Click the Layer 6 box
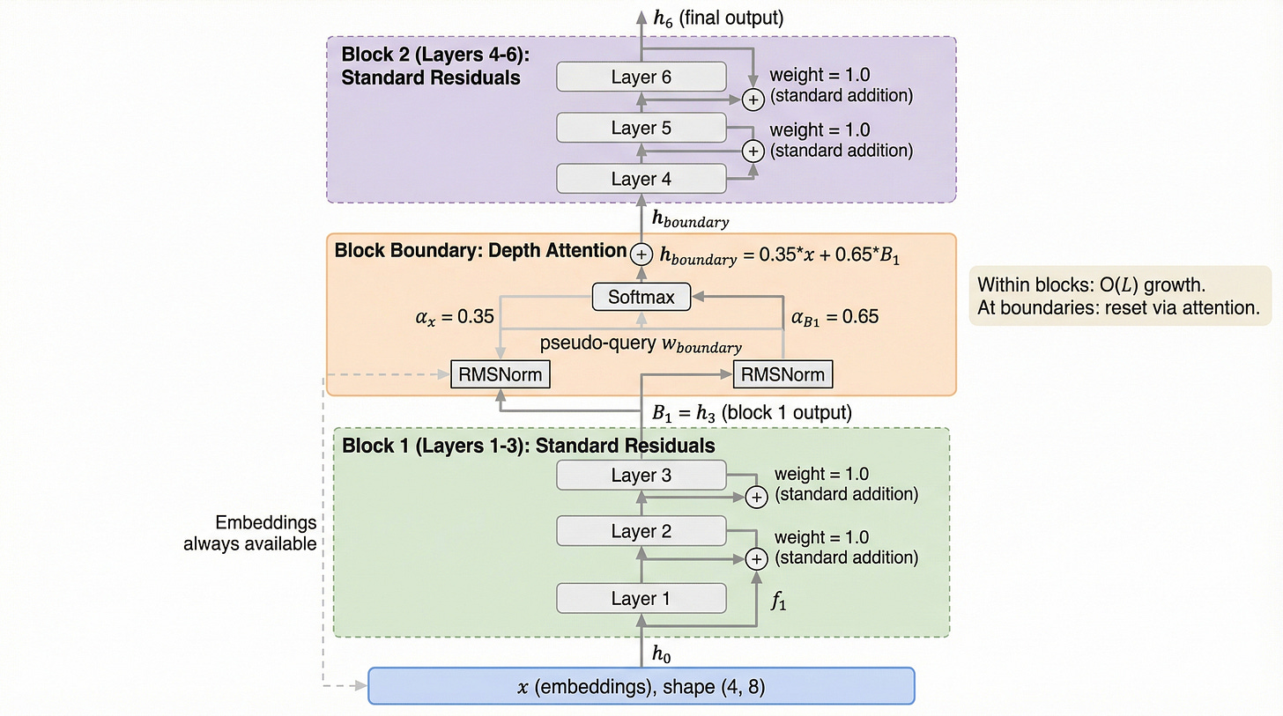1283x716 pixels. coord(641,78)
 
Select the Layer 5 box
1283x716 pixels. coord(641,129)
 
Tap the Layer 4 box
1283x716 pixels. coord(641,180)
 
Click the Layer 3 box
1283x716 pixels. coord(641,476)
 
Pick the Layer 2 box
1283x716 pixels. coord(641,531)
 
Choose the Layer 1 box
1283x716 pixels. coord(641,599)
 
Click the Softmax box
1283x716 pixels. coord(641,298)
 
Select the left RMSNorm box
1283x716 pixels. coord(500,375)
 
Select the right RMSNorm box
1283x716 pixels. coord(782,375)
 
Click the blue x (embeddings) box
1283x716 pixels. coord(641,686)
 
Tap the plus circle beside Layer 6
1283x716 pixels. coord(753,100)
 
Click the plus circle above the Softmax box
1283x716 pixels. coord(641,253)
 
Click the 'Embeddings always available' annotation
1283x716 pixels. coord(249,533)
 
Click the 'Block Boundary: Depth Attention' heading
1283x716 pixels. coord(480,251)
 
